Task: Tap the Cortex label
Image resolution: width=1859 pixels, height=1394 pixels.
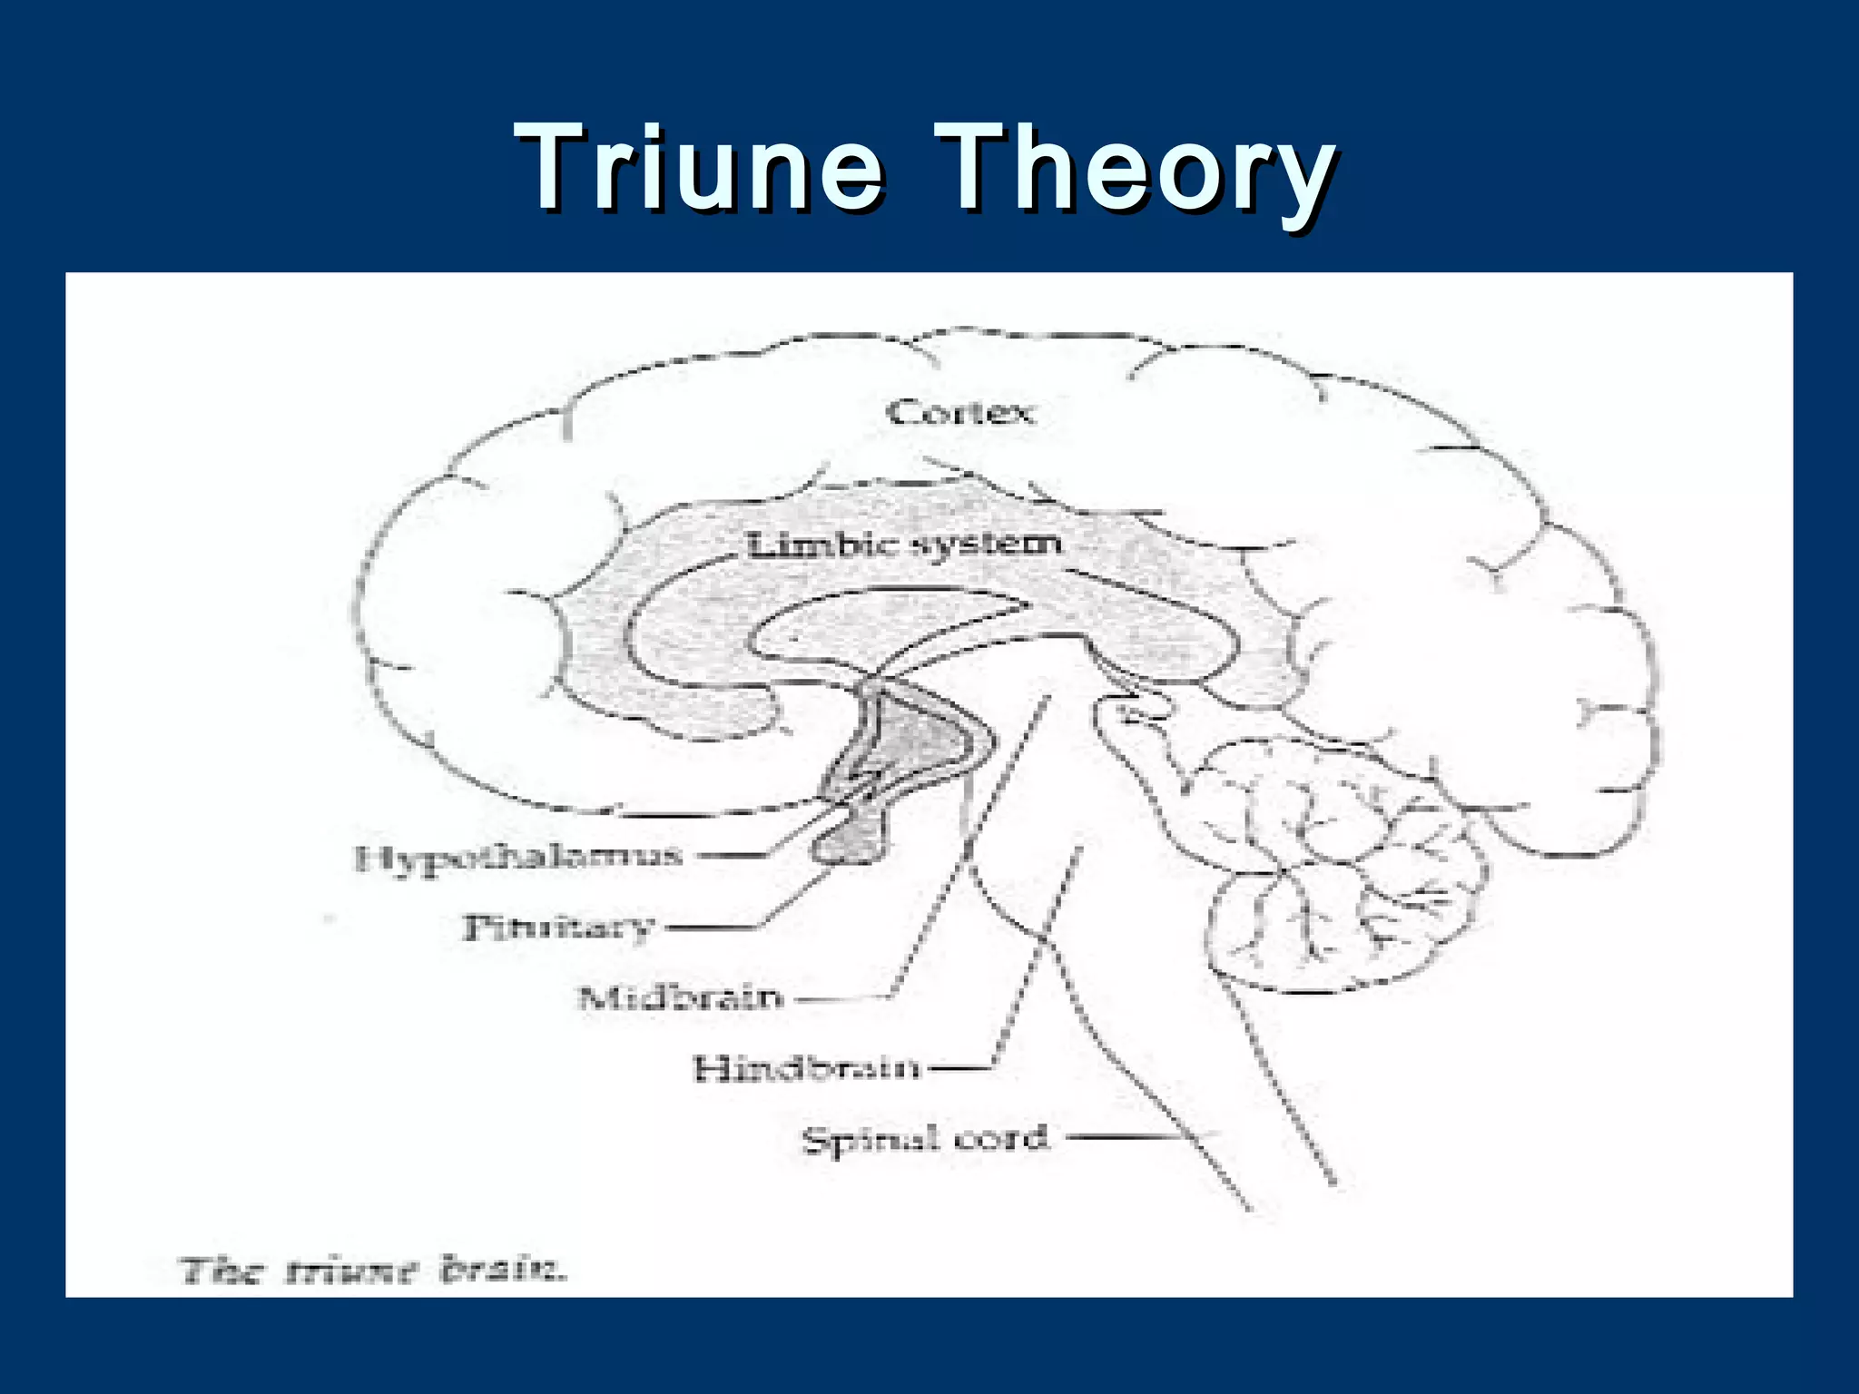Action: (x=960, y=413)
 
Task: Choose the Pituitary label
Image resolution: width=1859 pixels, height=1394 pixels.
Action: (x=558, y=928)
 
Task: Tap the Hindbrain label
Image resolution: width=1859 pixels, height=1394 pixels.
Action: (x=806, y=1068)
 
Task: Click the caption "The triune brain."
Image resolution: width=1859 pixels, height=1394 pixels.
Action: (x=373, y=1270)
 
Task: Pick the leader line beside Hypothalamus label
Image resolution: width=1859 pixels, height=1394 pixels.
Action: (x=735, y=855)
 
